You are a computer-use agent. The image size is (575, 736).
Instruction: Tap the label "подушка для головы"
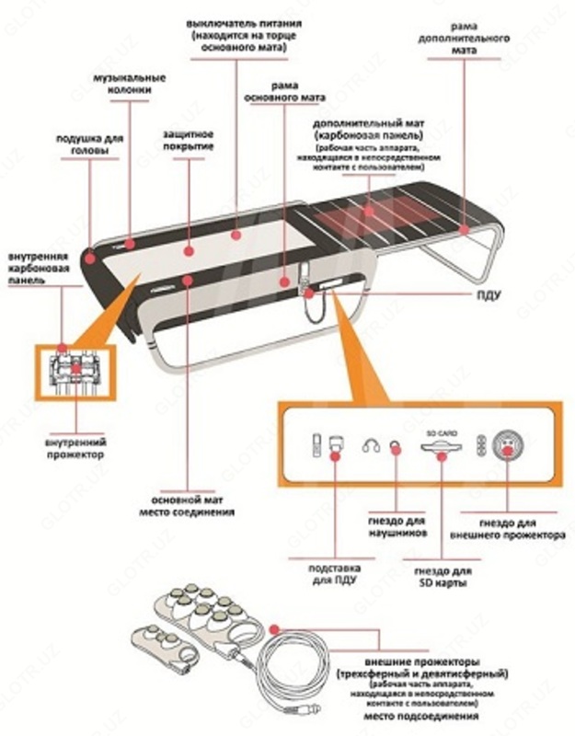[89, 144]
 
